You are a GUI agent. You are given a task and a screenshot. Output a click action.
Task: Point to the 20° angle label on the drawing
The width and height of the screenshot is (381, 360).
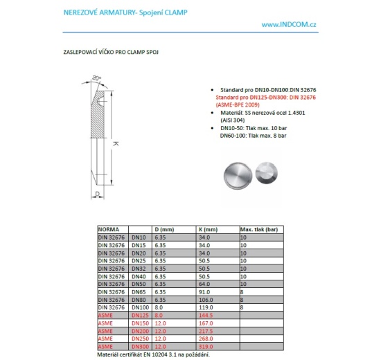[x=96, y=78]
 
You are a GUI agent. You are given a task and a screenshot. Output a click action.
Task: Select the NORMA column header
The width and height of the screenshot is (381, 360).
[x=109, y=228]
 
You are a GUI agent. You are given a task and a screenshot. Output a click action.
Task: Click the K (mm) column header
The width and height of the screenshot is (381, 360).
[x=207, y=228]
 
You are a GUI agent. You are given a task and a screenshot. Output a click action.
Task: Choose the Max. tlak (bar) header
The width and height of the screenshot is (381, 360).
[x=258, y=228]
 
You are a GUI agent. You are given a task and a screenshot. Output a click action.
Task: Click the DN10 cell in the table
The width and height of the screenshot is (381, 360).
[x=139, y=237]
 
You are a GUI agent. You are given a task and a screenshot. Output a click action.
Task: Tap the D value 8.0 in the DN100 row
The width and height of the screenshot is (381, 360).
[x=159, y=306]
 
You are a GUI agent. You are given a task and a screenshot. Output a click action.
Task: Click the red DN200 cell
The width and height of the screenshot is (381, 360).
[x=140, y=330]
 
